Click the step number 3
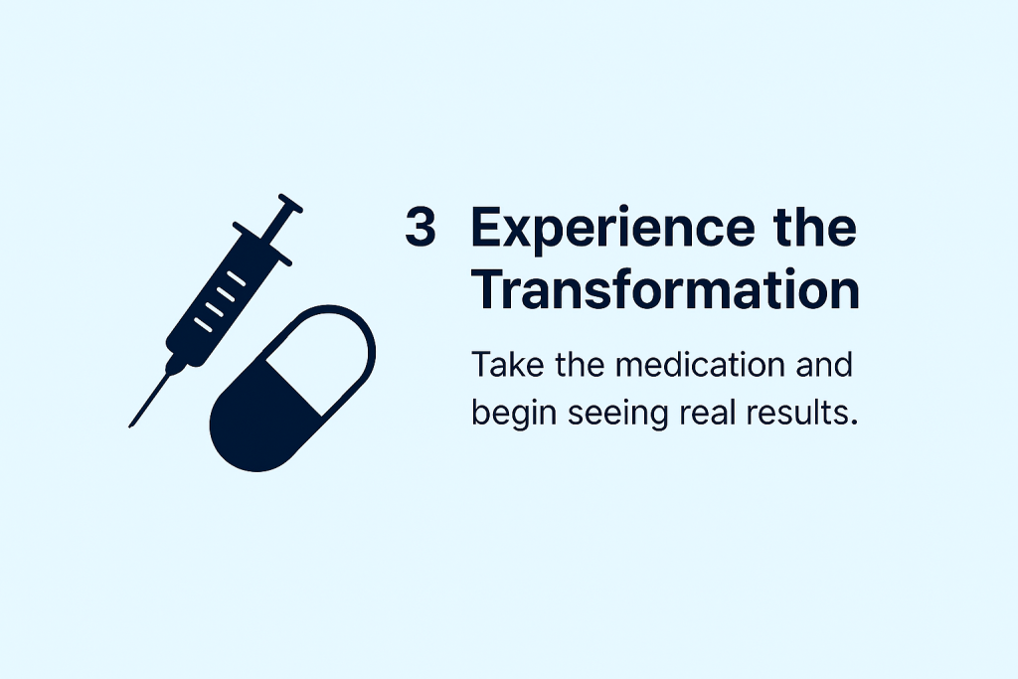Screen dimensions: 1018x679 tap(421, 227)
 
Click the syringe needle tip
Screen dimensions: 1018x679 tap(130, 426)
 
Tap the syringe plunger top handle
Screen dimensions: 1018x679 tap(290, 203)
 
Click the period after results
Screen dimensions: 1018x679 tap(853, 423)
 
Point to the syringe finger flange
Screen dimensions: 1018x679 tap(262, 245)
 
